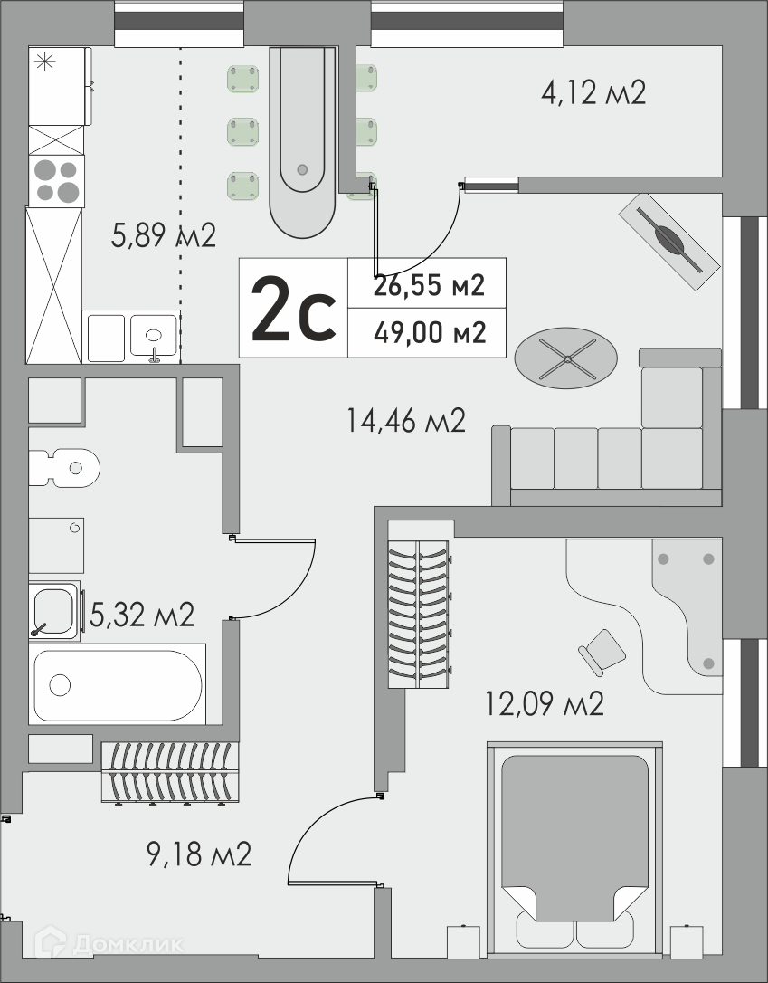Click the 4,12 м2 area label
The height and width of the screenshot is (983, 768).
(x=593, y=93)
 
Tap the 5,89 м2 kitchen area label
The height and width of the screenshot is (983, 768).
(x=164, y=235)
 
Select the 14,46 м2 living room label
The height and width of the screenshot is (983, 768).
(x=406, y=420)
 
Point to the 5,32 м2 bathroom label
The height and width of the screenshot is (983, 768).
(x=142, y=615)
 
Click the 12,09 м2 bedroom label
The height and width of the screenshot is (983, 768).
(x=545, y=703)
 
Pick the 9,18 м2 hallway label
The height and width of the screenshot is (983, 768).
(x=199, y=854)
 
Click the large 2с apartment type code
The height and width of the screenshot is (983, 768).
(x=293, y=309)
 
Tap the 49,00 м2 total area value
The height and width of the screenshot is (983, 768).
(x=430, y=332)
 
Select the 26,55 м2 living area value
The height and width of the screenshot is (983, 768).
(x=430, y=285)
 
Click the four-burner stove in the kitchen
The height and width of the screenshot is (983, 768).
(x=56, y=181)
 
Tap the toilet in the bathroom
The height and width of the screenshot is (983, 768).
(x=64, y=468)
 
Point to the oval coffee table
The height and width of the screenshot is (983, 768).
(x=565, y=358)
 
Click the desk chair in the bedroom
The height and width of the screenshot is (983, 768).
(x=602, y=652)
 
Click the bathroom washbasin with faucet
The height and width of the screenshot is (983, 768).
(x=54, y=611)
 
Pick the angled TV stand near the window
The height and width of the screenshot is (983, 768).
(x=669, y=242)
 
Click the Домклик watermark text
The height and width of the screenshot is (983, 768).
(x=128, y=943)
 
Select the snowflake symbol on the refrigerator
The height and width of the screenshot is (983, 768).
(x=44, y=62)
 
